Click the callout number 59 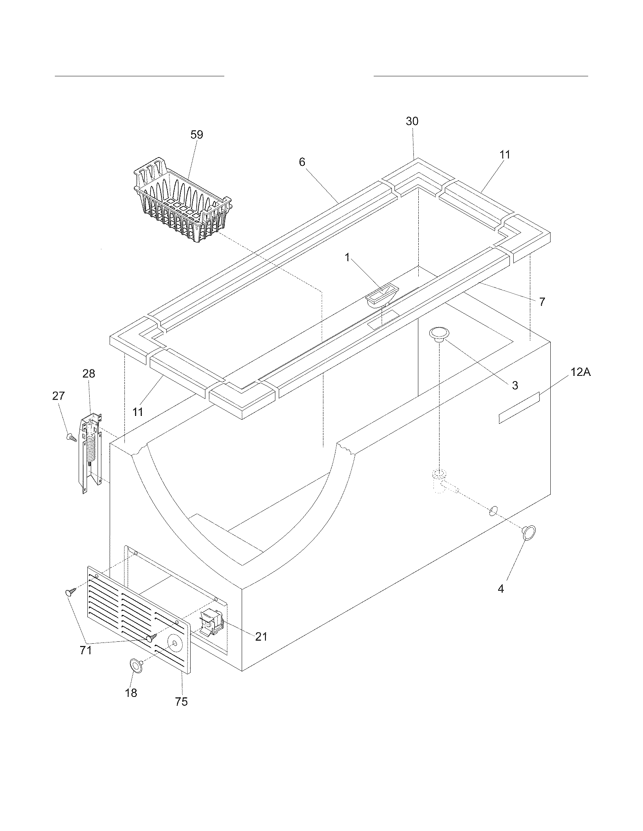(x=197, y=135)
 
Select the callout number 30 (x=412, y=121)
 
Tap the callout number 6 (x=302, y=162)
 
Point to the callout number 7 (x=542, y=302)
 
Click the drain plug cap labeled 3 (x=440, y=334)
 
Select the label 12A (x=580, y=372)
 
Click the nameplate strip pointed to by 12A (x=519, y=408)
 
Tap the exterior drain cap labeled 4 (x=529, y=533)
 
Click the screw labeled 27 (x=71, y=437)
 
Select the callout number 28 (x=89, y=374)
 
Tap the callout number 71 (x=86, y=650)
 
